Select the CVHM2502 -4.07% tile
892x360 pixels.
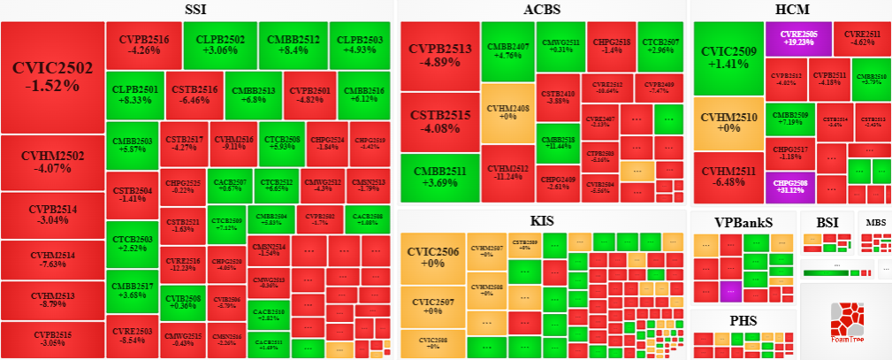pyautogui.click(x=52, y=162)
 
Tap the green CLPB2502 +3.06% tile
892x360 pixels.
pyautogui.click(x=220, y=45)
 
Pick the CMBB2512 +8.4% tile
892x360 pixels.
pyautogui.click(x=294, y=45)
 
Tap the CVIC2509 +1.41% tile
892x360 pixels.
pyautogui.click(x=728, y=57)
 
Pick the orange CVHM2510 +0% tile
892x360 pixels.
pyautogui.click(x=728, y=123)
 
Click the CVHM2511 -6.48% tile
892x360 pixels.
pyautogui.click(x=728, y=177)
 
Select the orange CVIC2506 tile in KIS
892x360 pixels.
pyautogui.click(x=432, y=257)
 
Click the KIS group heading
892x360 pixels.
pyautogui.click(x=541, y=218)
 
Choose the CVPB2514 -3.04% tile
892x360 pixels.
pyautogui.click(x=52, y=215)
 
